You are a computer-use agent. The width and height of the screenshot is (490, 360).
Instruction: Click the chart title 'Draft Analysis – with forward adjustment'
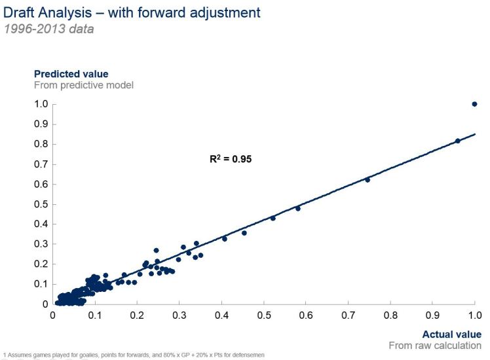[132, 12]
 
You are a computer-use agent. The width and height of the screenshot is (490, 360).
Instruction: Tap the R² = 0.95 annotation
[230, 158]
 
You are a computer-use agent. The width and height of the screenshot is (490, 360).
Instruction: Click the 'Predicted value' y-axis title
[71, 74]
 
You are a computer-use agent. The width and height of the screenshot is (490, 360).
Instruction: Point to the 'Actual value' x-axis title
[451, 333]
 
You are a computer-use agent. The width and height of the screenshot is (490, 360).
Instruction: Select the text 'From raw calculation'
[435, 345]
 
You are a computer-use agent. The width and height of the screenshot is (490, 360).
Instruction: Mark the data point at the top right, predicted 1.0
[474, 104]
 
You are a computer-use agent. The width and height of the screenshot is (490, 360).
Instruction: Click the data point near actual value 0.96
[458, 141]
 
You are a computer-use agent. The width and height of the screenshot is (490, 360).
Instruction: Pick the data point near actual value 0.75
[367, 179]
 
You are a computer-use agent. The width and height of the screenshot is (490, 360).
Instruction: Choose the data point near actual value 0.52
[273, 218]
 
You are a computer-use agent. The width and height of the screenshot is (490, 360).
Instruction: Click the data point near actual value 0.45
[244, 233]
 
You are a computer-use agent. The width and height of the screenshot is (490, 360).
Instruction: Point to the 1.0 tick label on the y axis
[41, 104]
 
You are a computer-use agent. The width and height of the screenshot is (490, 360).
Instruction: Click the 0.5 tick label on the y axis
[41, 204]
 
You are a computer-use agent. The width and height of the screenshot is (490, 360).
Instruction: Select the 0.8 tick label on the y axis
[41, 144]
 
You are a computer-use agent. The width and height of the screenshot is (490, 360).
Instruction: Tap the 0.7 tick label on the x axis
[349, 315]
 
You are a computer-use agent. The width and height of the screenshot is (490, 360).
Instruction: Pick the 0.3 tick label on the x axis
[179, 315]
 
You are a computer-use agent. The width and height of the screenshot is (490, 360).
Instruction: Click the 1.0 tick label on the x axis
[475, 315]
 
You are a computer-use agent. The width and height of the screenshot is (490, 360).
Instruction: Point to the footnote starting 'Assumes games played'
[135, 355]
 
